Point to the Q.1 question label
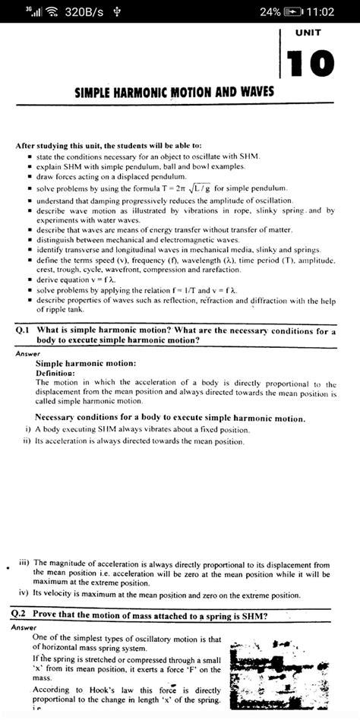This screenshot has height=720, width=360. pos(23,331)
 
